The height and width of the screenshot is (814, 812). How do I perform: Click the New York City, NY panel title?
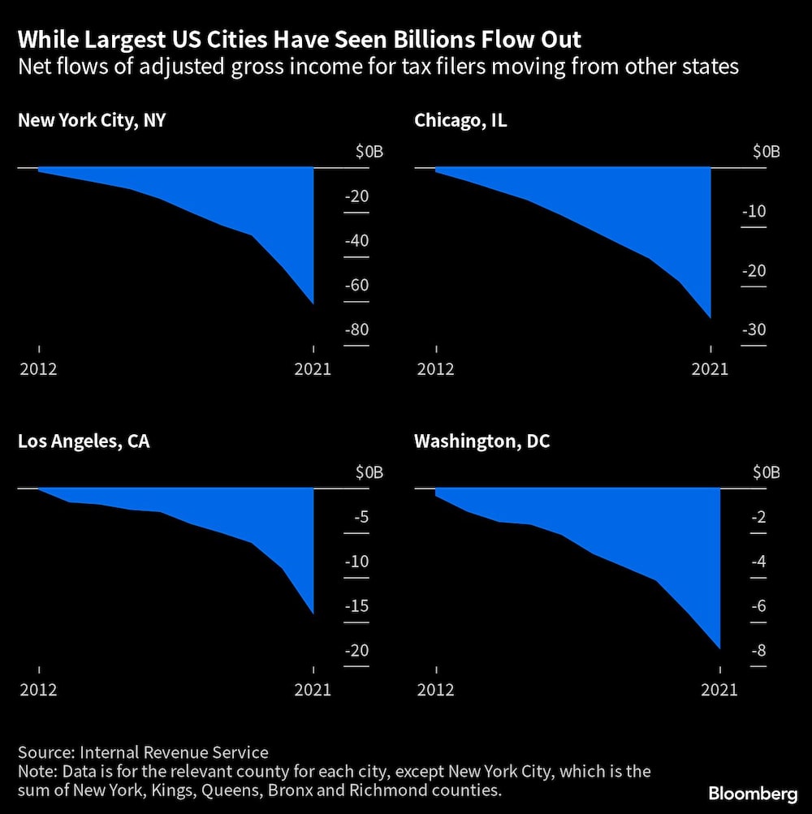93,121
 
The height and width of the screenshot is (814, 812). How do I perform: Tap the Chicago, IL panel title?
460,121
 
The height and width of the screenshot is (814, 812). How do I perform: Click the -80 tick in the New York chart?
356,330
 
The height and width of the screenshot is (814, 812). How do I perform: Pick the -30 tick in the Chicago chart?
754,330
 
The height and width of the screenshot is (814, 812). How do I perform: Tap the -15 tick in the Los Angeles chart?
356,606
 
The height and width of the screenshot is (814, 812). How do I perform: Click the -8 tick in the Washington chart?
758,651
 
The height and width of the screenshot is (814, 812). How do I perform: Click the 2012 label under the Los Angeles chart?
38,690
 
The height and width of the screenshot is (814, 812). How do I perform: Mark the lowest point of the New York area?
313,304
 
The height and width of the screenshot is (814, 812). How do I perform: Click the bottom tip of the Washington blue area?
719,648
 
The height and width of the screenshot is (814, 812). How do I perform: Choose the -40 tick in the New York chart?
356,241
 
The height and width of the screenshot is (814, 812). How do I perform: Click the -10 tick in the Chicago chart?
754,212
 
